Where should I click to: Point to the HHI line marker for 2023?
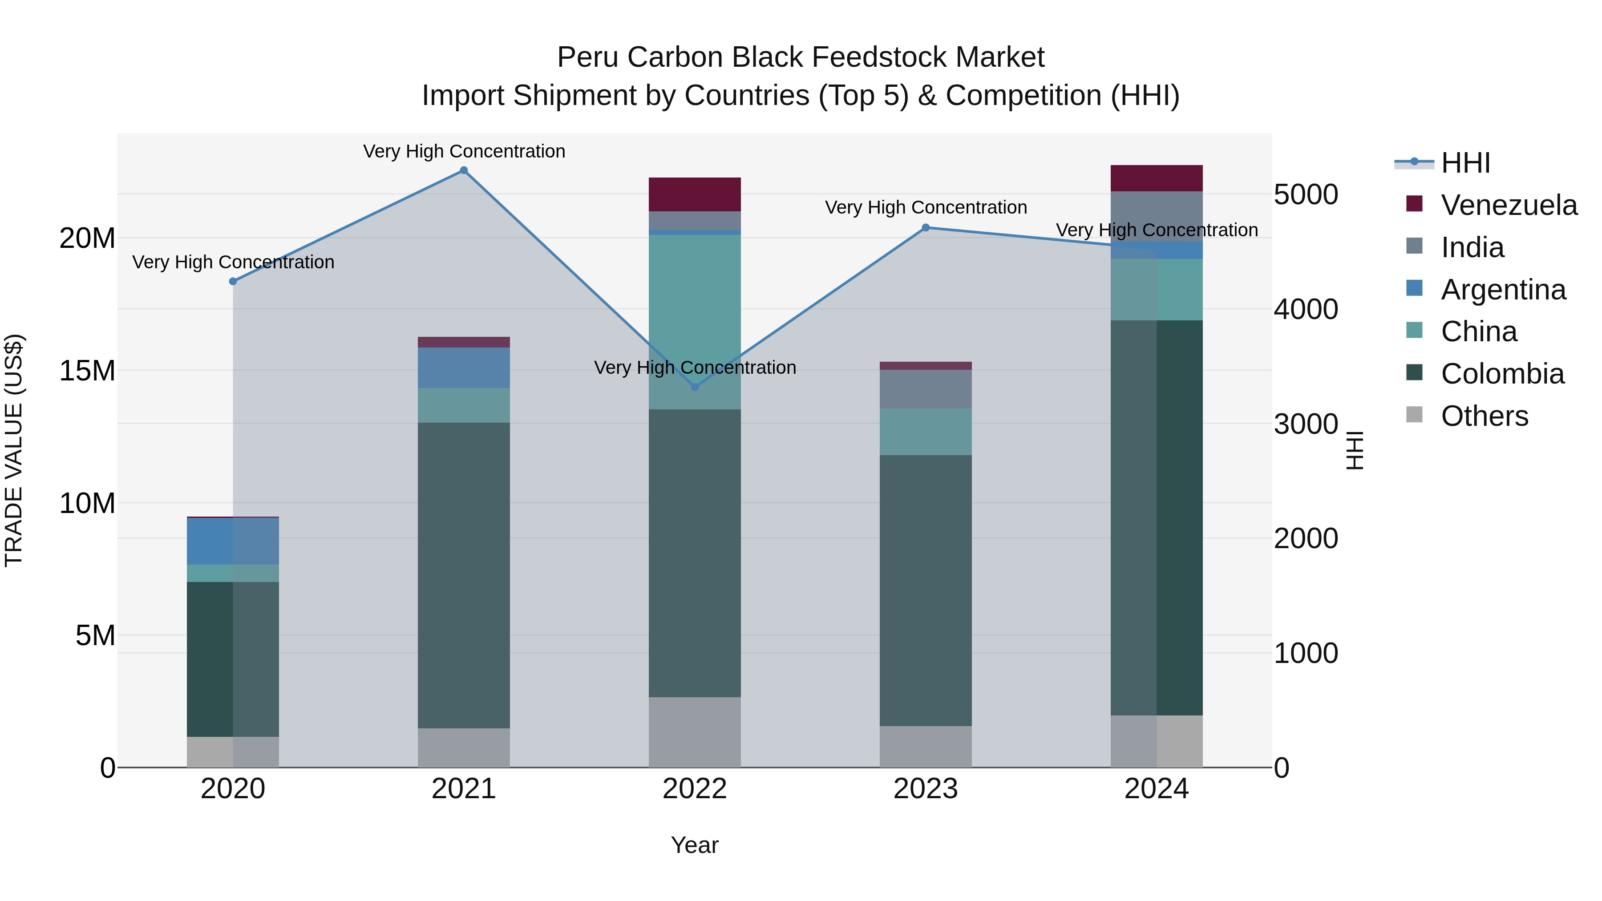click(926, 227)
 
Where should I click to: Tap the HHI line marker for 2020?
click(233, 281)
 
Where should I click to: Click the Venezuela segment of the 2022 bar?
click(695, 194)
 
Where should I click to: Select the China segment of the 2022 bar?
click(695, 321)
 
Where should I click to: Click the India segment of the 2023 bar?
click(926, 389)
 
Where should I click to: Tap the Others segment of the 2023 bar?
click(926, 746)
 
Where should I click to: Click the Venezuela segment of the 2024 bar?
click(1157, 178)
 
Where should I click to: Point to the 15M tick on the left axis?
click(87, 371)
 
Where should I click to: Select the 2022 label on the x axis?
click(695, 789)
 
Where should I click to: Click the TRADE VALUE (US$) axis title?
click(14, 450)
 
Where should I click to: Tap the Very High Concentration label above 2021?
click(464, 151)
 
